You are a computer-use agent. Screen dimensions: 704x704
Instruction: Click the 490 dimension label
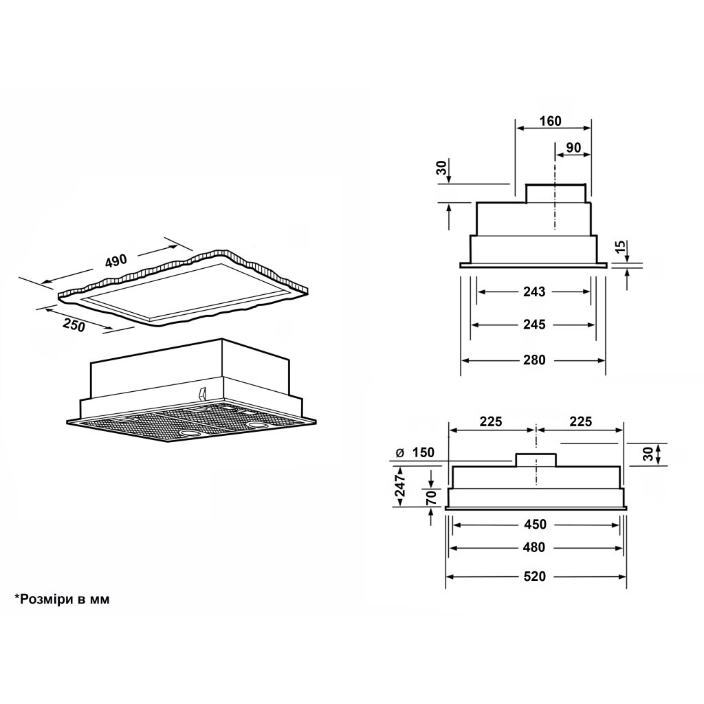pyautogui.click(x=116, y=261)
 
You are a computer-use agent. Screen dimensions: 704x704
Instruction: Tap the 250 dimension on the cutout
pyautogui.click(x=74, y=325)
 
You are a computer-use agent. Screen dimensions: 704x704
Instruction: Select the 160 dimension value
pyautogui.click(x=551, y=121)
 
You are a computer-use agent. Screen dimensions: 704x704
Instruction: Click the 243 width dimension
pyautogui.click(x=534, y=291)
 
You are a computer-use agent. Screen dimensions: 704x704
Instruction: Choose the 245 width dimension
pyautogui.click(x=534, y=324)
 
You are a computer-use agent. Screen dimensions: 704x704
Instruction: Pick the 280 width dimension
pyautogui.click(x=534, y=360)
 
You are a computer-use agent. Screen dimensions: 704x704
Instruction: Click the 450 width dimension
pyautogui.click(x=535, y=524)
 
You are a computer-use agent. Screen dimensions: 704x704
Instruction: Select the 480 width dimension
pyautogui.click(x=535, y=547)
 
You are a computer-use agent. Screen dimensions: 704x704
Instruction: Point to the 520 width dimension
pyautogui.click(x=535, y=576)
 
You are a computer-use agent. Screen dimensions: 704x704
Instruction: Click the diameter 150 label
pyautogui.click(x=415, y=452)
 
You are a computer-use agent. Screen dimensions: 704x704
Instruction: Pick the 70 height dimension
pyautogui.click(x=431, y=498)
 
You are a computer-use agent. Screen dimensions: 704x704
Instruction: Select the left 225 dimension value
pyautogui.click(x=491, y=421)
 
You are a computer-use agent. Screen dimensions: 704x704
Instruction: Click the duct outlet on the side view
pyautogui.click(x=555, y=193)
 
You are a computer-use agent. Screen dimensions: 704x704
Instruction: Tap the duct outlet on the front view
pyautogui.click(x=536, y=460)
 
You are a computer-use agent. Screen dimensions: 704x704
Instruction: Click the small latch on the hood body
pyautogui.click(x=201, y=393)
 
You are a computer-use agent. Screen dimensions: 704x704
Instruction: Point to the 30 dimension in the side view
pyautogui.click(x=442, y=168)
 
